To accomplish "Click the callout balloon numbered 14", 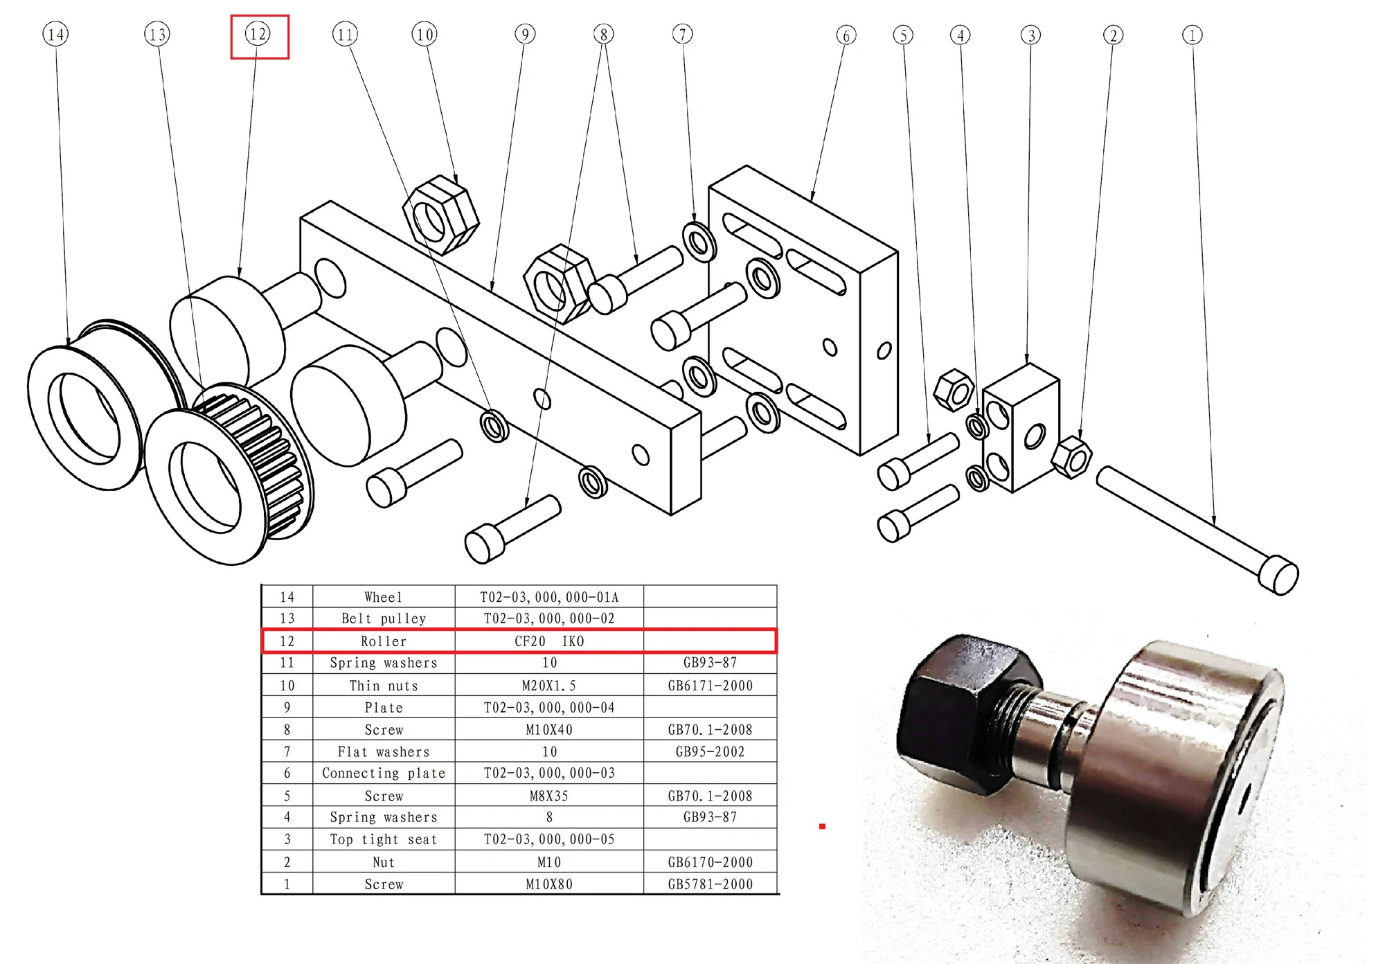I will coord(55,34).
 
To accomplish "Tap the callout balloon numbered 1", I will coord(1192,35).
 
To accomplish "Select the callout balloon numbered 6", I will coord(846,35).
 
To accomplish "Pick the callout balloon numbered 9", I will coord(525,34).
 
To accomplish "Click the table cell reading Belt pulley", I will coord(384,618).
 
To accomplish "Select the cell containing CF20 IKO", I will coord(549,641).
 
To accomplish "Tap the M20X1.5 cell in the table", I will coord(549,686).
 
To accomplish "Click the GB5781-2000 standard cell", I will coord(710,884).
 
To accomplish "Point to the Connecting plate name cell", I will coord(384,774).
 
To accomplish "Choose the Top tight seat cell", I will coord(384,840).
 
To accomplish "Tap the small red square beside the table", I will coord(822,826).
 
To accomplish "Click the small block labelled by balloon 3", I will coord(1021,429).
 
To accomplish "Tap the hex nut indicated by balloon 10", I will coord(440,215).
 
